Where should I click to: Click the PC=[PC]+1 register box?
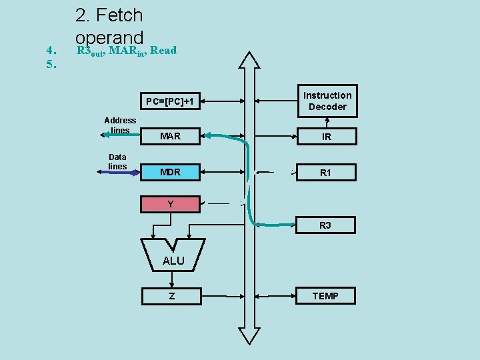[170, 101]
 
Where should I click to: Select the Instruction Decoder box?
[327, 101]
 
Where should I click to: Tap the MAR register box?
[170, 136]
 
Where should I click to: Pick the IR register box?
[327, 137]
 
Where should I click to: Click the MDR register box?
[170, 172]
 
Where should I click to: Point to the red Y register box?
[170, 204]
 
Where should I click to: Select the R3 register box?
[325, 225]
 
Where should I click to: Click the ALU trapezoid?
[173, 257]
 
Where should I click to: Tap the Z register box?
[171, 295]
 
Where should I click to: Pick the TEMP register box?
[325, 295]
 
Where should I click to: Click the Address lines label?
[120, 125]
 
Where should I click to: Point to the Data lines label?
[117, 161]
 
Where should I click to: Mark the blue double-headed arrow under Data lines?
[118, 172]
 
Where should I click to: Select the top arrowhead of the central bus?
[251, 60]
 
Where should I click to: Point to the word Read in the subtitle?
[163, 50]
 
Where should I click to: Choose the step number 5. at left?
[51, 64]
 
